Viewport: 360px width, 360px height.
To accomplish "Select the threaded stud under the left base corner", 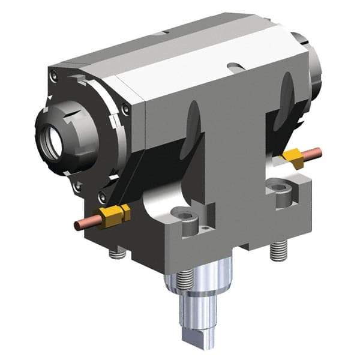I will [117, 253].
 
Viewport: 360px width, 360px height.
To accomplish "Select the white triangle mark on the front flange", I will [50, 96].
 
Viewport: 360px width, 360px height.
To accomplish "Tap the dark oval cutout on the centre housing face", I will [193, 123].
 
